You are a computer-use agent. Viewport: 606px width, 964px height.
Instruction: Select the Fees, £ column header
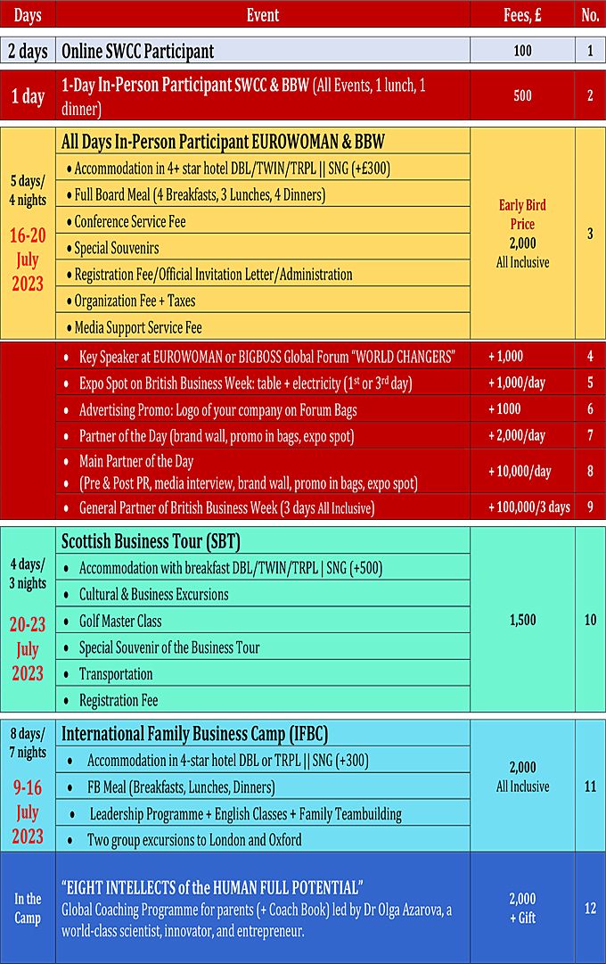pos(522,14)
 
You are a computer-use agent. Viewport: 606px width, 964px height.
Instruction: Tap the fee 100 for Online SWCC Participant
pos(522,51)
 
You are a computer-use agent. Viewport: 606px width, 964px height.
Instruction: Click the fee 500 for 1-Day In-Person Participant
pos(522,96)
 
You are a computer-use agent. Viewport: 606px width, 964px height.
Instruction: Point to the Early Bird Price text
pos(522,214)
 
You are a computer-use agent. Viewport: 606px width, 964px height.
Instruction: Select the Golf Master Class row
pos(120,621)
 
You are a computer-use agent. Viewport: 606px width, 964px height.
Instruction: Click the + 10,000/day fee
pos(520,472)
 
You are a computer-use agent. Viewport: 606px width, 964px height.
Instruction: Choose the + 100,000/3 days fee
pos(528,507)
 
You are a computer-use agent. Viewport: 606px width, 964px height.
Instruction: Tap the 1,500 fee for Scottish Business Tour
pos(522,620)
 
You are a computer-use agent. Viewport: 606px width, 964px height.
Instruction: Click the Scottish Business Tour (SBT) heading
pos(151,541)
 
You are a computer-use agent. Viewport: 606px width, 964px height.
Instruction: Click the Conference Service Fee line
pos(130,221)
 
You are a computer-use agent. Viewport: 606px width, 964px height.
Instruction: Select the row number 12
pos(590,908)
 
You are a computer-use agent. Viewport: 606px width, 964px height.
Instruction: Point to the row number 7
pos(590,435)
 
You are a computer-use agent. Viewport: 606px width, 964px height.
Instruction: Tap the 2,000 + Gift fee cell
pos(522,908)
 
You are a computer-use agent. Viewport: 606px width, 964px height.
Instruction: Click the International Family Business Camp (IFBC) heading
pos(194,735)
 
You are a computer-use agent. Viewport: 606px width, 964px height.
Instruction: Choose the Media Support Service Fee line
pos(138,327)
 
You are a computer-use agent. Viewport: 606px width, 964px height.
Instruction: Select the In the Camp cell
pos(28,908)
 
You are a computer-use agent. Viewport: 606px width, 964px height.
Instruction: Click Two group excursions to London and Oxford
pos(194,839)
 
